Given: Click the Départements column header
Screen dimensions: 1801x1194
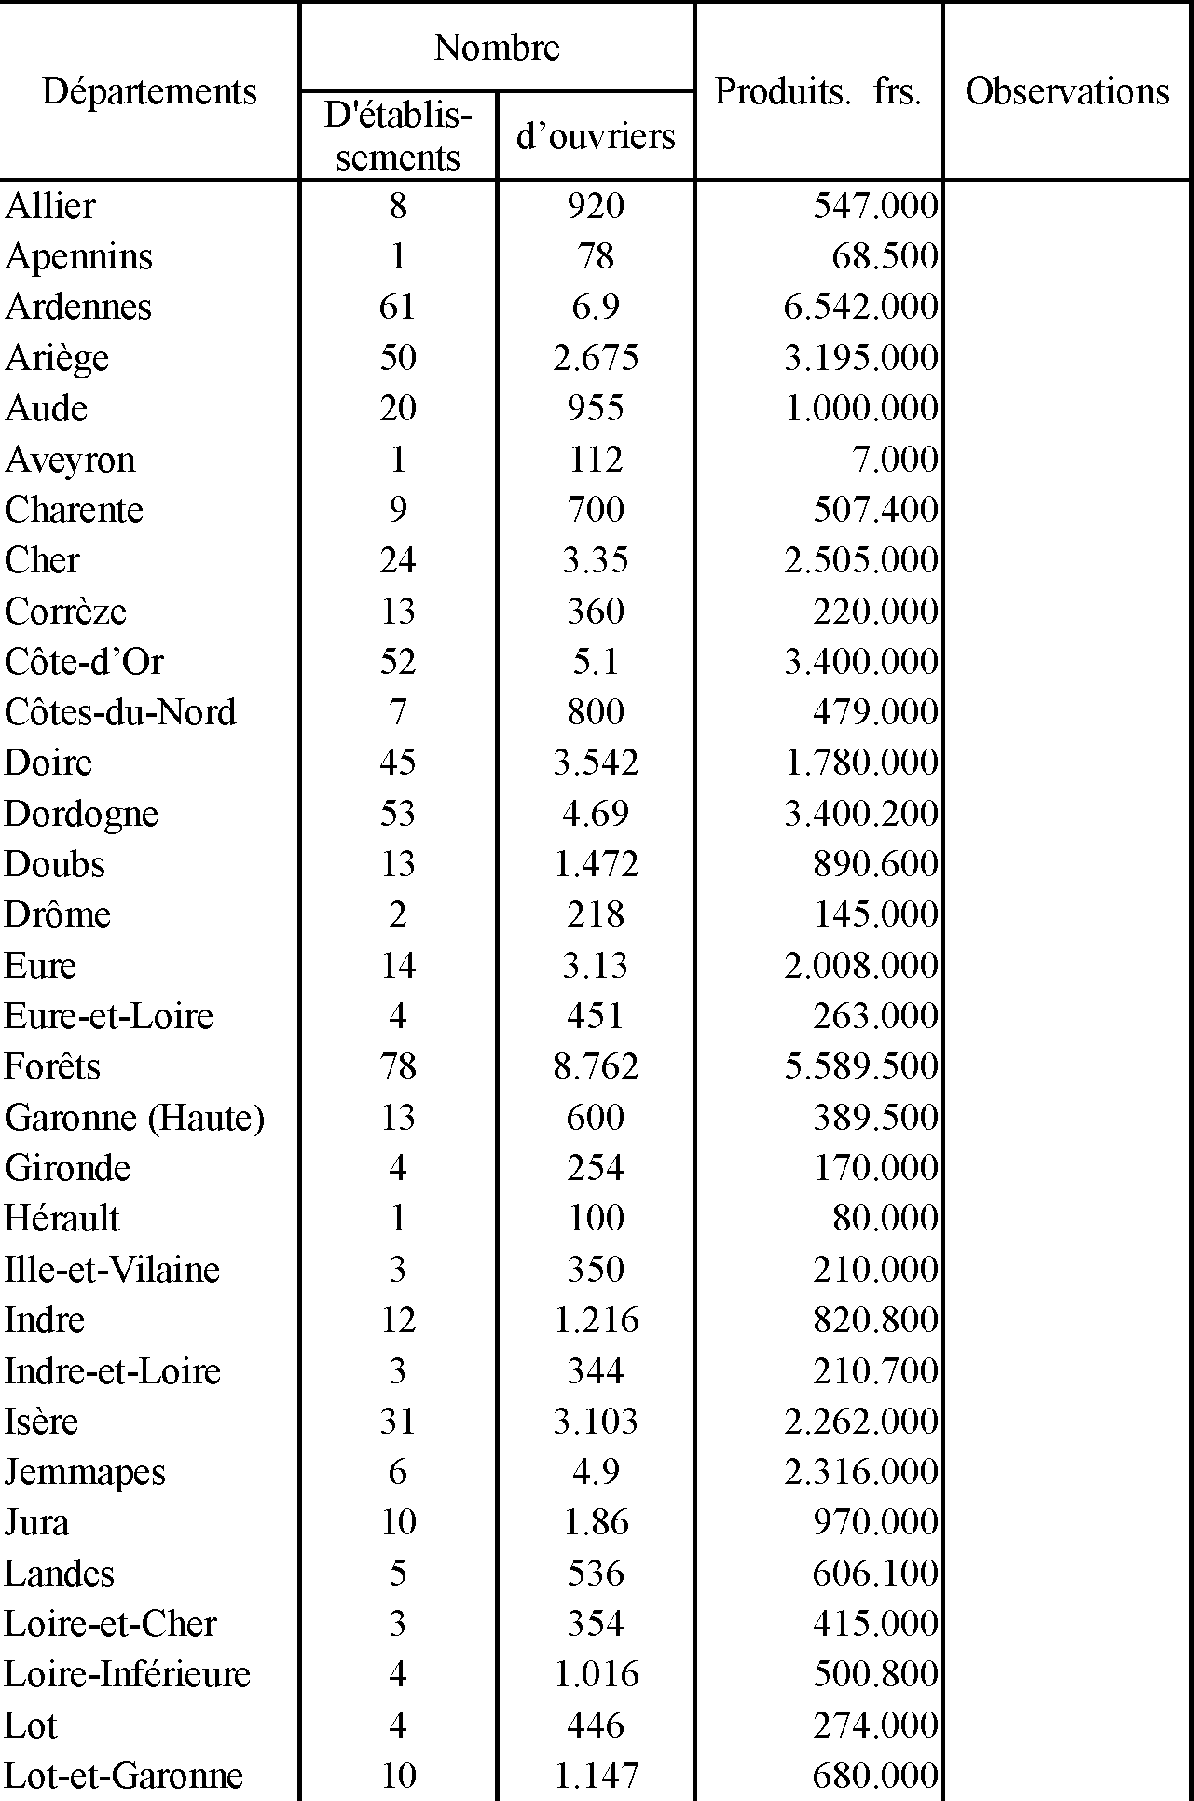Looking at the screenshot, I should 149,91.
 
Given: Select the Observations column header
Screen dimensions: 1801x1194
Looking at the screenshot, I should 1067,91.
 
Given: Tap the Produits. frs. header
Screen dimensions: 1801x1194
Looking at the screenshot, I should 817,91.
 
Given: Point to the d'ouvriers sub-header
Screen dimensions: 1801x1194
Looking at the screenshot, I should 596,136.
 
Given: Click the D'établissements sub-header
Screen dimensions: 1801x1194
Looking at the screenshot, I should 398,136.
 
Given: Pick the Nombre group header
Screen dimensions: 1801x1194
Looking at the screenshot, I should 497,48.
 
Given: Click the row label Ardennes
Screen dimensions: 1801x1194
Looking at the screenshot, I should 78,307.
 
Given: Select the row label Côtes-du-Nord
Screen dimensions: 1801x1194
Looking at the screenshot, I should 120,712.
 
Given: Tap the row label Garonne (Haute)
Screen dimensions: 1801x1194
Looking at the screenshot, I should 134,1117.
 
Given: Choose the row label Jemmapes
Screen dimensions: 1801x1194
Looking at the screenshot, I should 85,1472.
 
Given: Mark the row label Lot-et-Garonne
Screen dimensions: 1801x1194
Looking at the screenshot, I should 124,1775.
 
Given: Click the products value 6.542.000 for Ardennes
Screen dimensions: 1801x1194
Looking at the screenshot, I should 860,307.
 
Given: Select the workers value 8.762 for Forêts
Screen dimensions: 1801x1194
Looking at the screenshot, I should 596,1066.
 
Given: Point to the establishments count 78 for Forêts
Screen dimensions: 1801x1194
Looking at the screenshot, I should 398,1066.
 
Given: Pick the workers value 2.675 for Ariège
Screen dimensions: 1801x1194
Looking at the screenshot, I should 596,358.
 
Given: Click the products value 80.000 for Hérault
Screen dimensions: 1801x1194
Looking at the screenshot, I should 885,1218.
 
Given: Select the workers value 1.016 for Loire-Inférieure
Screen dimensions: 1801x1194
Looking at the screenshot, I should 596,1674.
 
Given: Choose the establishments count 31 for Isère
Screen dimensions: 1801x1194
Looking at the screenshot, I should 398,1422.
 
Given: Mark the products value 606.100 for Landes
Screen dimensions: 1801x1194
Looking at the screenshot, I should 875,1574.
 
